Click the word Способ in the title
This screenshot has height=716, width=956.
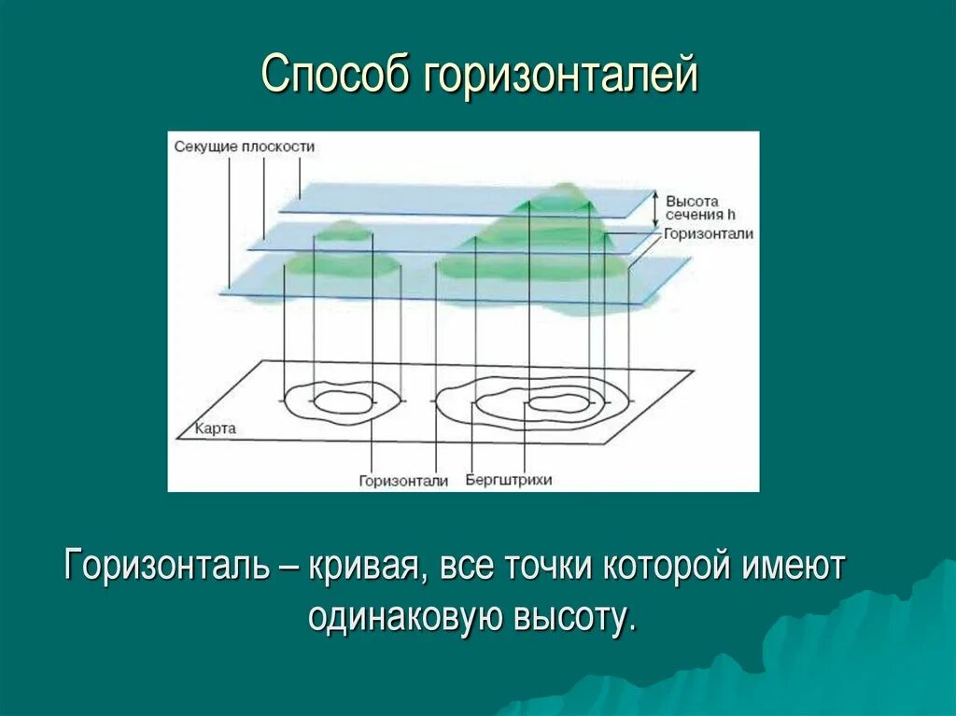pyautogui.click(x=337, y=75)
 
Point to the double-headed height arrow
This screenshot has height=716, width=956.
pyautogui.click(x=655, y=208)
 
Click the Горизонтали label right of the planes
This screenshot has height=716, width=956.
pyautogui.click(x=709, y=234)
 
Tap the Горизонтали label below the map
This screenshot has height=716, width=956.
pyautogui.click(x=403, y=481)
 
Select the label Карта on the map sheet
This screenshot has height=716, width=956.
pyautogui.click(x=216, y=429)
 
